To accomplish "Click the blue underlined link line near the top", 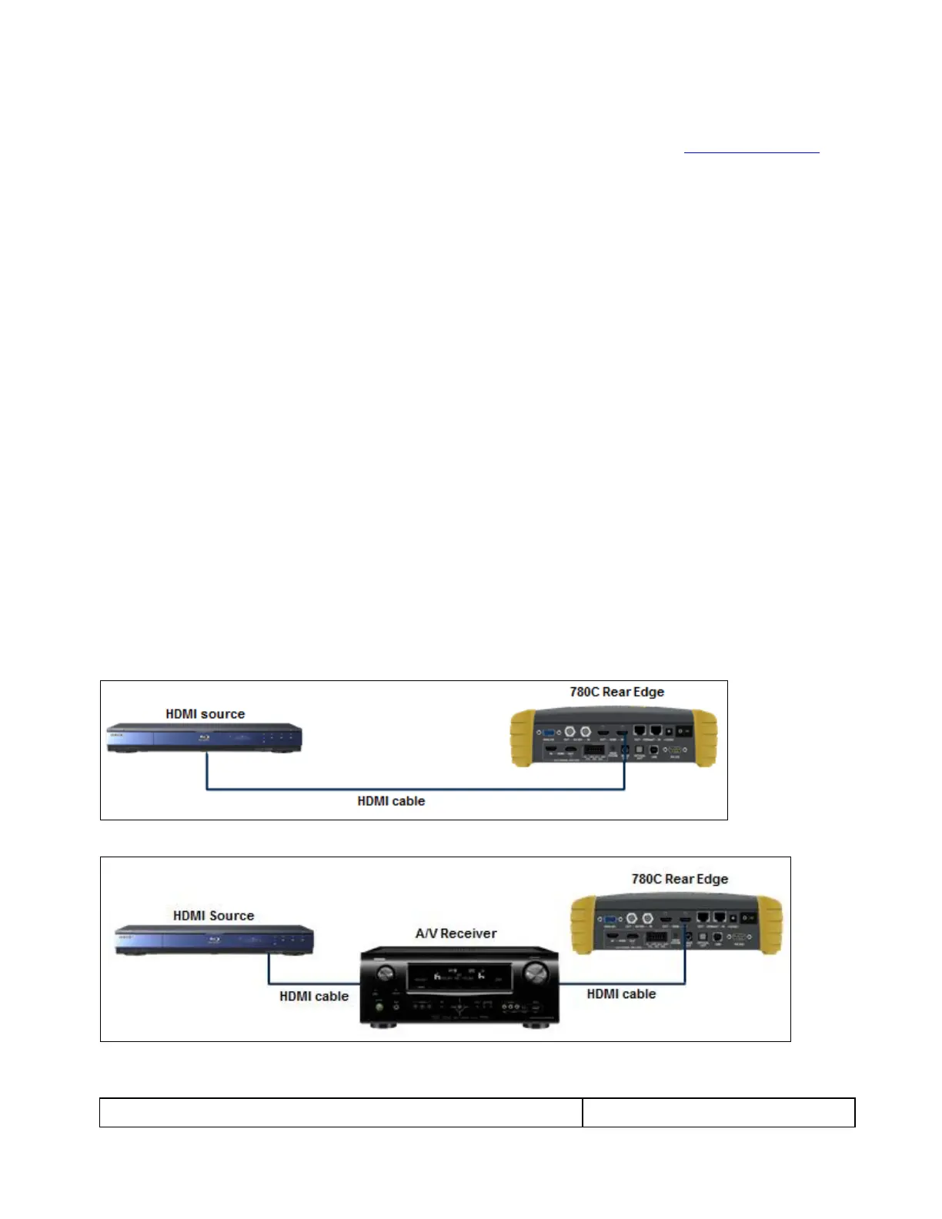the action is point(751,152).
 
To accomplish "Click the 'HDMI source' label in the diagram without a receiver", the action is point(205,714).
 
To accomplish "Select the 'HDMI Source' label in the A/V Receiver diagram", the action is point(213,916).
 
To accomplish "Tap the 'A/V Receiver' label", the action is point(456,933).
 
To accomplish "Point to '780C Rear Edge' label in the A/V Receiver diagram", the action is point(680,879).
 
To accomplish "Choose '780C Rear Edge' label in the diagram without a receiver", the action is point(616,692).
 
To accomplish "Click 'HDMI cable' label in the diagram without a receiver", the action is point(391,801).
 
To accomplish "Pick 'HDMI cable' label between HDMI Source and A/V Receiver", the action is point(314,997).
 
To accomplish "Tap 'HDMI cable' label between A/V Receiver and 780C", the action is point(621,994).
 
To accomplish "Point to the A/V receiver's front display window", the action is point(459,977).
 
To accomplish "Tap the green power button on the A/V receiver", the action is point(378,1007).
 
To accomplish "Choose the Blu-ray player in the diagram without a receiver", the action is point(204,738).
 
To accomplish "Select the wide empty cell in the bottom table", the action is point(341,1113).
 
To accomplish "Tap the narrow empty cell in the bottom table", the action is point(718,1113).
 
